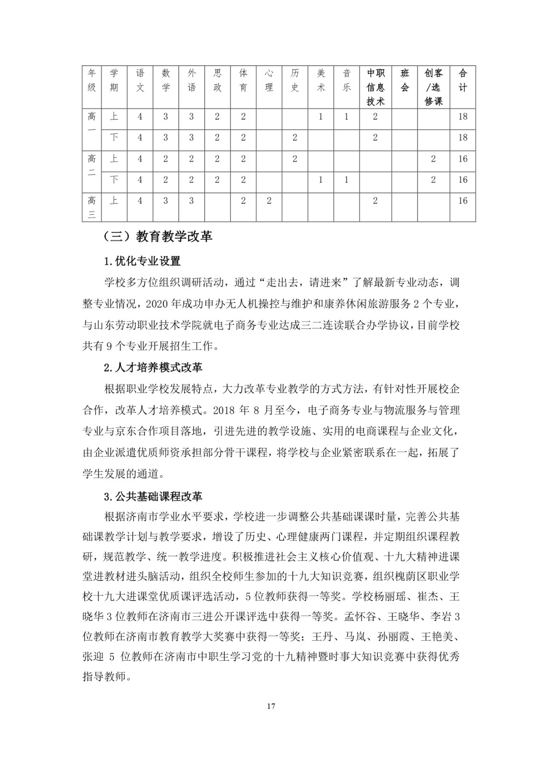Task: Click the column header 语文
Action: [140, 80]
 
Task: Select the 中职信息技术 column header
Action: [375, 87]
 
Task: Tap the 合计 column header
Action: [463, 80]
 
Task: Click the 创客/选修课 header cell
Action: [433, 87]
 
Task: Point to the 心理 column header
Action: [269, 80]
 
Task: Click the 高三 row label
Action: [92, 207]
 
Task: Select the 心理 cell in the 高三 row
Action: [269, 201]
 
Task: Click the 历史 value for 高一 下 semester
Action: [295, 138]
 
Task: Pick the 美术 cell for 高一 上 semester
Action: [321, 117]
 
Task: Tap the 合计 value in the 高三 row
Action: [463, 201]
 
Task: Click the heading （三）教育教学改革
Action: [158, 237]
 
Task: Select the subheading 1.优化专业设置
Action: [142, 262]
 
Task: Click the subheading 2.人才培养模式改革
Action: [153, 368]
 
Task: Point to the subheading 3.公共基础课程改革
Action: [153, 496]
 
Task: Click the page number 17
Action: [271, 706]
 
